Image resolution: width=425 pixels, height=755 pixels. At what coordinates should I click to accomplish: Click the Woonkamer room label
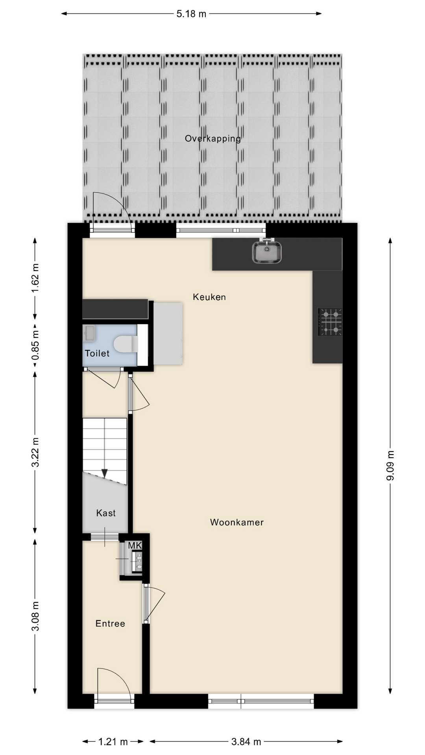[237, 522]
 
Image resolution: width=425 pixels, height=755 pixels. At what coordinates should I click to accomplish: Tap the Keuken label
[209, 297]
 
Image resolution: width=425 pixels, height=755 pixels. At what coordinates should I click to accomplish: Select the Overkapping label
[213, 138]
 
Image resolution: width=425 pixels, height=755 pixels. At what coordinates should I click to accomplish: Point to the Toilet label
[97, 353]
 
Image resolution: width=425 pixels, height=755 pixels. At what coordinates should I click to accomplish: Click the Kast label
[106, 513]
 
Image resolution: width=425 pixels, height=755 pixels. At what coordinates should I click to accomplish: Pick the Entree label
[110, 623]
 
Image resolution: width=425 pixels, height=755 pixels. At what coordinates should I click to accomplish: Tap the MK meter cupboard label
[135, 545]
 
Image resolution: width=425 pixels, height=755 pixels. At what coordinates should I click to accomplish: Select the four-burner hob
[330, 322]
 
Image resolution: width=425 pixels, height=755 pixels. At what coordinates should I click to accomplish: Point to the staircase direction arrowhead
[105, 473]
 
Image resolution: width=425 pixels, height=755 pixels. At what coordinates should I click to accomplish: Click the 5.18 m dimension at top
[191, 14]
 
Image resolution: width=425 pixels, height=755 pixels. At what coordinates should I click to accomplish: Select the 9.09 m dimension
[390, 466]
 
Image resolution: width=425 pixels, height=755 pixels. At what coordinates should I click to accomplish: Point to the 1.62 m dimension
[35, 278]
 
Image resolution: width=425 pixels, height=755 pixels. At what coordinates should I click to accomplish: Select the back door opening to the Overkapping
[112, 215]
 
